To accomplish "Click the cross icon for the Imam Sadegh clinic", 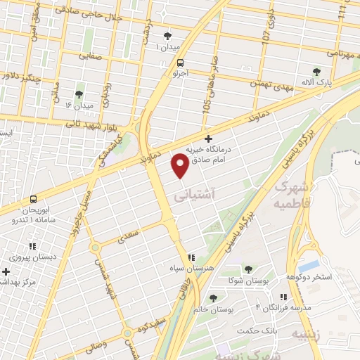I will (208, 139).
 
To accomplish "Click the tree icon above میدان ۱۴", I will (79, 94).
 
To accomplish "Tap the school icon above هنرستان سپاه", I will (191, 257).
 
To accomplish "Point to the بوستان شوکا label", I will (247, 281).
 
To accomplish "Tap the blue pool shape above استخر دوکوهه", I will (308, 266).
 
